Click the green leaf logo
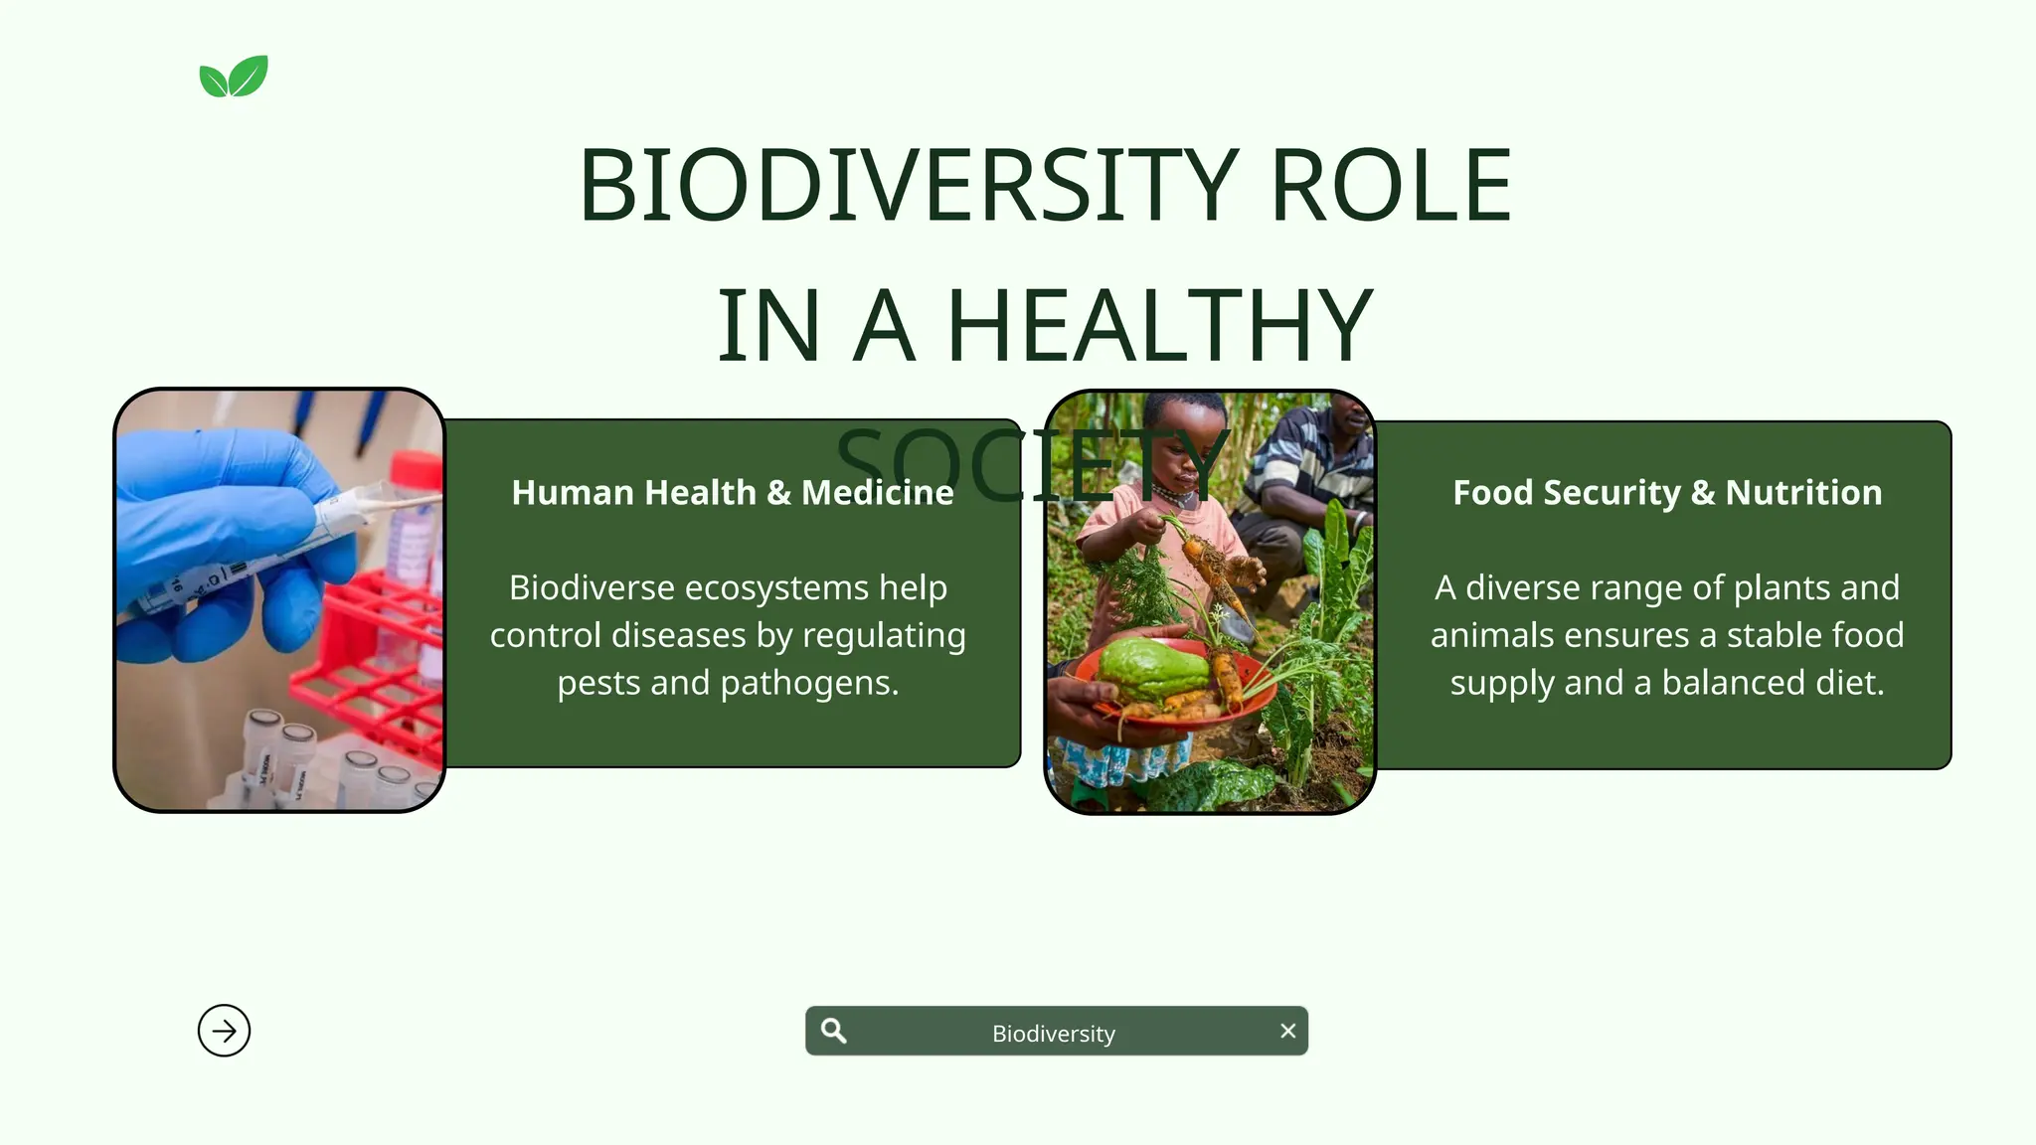pos(234,77)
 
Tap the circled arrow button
pos(224,1031)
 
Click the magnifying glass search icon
pos(834,1031)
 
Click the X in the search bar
pos(1287,1031)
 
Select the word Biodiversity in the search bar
pos(1053,1034)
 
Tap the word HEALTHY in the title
pos(1159,325)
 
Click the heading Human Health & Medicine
pos(732,492)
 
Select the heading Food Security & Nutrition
pos(1667,492)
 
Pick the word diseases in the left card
pos(678,635)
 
